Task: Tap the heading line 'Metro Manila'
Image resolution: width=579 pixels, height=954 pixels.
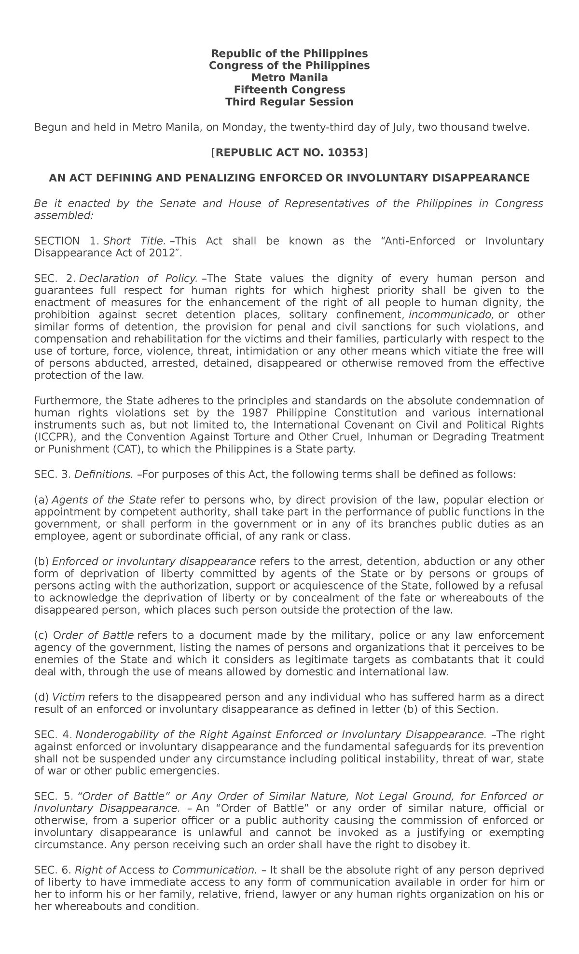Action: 289,77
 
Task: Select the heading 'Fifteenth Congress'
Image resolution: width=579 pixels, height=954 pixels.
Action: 289,90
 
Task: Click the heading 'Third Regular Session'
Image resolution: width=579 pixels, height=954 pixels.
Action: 289,102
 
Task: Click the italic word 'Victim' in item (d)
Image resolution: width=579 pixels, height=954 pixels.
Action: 69,697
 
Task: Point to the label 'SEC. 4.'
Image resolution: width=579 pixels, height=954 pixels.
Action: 53,735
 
